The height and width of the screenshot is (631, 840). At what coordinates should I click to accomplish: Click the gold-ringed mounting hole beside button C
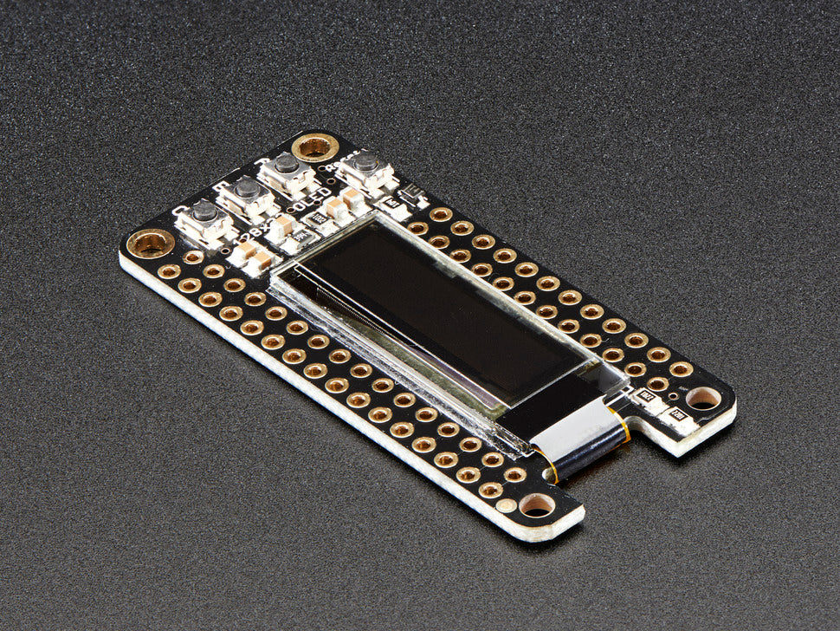[151, 243]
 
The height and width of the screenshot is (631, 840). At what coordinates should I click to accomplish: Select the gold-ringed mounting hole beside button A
[314, 146]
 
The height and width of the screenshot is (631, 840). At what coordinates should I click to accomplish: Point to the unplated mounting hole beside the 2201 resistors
[702, 398]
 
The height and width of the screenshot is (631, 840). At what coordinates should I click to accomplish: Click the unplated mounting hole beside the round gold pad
[537, 504]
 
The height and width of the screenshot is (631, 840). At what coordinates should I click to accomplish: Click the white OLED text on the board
[308, 205]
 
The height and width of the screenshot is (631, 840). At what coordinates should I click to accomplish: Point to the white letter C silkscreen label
[179, 211]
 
